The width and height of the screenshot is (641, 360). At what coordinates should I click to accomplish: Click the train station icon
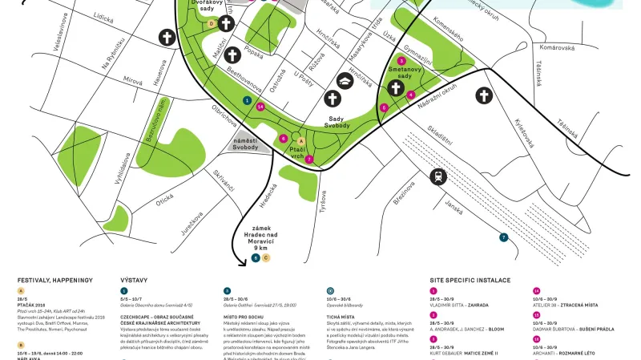[x=437, y=177]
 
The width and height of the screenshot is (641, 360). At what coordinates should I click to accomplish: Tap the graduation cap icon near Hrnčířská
[x=344, y=80]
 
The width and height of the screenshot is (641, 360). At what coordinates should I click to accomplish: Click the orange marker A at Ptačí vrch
[x=300, y=141]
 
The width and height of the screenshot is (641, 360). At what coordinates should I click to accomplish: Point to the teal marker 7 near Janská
[x=503, y=237]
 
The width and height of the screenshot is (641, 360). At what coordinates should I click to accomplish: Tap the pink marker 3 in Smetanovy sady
[x=401, y=61]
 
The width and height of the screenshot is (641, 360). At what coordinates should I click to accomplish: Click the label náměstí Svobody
[x=245, y=144]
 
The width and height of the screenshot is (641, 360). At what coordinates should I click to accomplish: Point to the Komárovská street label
[x=558, y=47]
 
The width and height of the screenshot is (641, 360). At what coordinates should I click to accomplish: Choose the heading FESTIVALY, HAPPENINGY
[x=55, y=280]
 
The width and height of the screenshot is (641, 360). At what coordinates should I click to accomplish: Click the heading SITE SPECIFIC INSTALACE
[x=470, y=280]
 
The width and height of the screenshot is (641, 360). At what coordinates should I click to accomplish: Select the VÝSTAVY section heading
[x=134, y=280]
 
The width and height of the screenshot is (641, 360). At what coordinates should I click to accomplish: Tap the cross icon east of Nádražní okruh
[x=483, y=96]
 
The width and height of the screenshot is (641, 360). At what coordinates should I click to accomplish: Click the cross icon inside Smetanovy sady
[x=395, y=88]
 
